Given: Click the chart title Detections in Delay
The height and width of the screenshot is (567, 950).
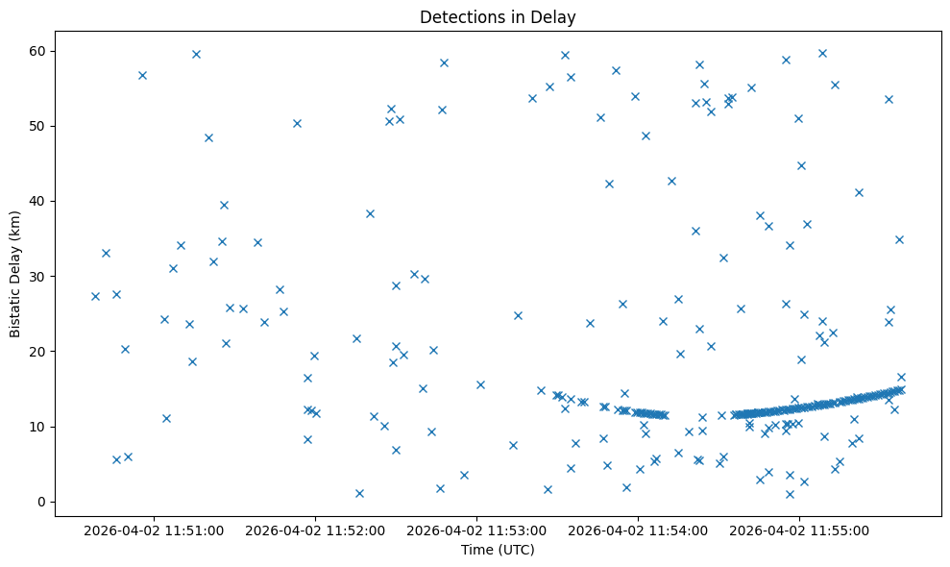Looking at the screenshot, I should [x=498, y=16].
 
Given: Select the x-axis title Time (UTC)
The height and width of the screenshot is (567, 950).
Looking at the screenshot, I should [x=498, y=550].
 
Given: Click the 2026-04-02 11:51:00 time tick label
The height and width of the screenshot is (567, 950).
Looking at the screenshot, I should [x=154, y=530].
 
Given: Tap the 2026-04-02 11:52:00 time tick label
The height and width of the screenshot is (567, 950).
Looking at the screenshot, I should [x=315, y=530].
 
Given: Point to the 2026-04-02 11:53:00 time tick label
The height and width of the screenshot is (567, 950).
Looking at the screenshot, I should [x=476, y=530].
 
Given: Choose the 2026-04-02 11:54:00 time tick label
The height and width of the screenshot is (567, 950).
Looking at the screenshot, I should [x=638, y=530].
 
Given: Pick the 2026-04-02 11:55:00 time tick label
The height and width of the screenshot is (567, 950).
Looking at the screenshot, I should [x=800, y=530].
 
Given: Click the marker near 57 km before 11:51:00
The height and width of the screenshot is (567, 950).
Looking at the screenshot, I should [x=142, y=75].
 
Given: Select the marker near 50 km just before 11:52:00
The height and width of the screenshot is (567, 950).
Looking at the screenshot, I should [x=297, y=123].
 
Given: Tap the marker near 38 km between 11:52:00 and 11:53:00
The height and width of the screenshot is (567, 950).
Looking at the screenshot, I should [x=370, y=213].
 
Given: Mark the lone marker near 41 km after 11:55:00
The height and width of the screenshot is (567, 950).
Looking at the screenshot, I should [x=859, y=192].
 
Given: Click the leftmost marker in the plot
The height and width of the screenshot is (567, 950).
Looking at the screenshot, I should [x=95, y=296].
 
